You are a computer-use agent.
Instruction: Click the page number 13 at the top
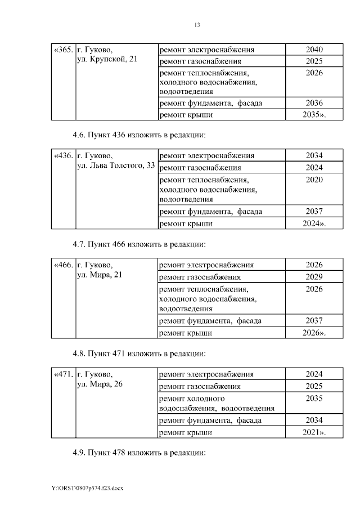[x=197, y=25]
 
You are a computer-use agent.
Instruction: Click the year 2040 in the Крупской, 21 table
[x=314, y=50]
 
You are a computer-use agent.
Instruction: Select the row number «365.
[x=62, y=50]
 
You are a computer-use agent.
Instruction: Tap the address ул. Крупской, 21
[x=107, y=59]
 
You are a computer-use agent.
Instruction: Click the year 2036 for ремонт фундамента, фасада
[x=314, y=103]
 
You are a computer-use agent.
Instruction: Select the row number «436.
[x=62, y=155]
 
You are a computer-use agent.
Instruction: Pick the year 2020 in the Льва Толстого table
[x=314, y=180]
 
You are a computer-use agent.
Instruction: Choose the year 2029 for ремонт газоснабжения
[x=314, y=277]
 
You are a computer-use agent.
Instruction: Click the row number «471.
[x=62, y=374]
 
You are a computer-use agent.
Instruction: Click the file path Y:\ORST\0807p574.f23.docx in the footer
[x=87, y=487]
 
